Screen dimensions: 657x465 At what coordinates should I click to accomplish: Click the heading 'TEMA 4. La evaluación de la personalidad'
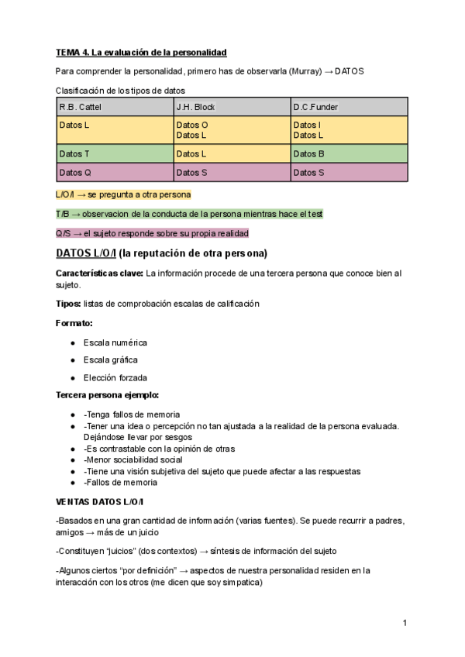click(x=141, y=53)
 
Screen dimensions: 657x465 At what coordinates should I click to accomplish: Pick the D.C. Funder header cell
click(x=315, y=107)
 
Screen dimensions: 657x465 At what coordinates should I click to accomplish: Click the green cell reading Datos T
click(x=74, y=154)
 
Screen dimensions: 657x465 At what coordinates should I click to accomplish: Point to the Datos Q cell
click(x=75, y=173)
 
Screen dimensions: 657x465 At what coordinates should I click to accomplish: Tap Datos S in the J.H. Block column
click(x=192, y=173)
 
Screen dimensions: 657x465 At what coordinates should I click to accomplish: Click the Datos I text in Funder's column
click(x=307, y=125)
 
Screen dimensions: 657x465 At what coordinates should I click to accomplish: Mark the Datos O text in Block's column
click(x=192, y=125)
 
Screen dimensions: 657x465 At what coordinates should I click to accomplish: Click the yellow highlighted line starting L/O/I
click(x=123, y=194)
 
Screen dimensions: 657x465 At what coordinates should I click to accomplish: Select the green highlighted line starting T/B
click(x=189, y=214)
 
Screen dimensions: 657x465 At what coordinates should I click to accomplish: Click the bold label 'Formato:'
click(x=74, y=322)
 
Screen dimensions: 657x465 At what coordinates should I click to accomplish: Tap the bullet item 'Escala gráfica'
click(x=110, y=360)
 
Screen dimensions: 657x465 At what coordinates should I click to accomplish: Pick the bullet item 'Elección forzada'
click(x=115, y=378)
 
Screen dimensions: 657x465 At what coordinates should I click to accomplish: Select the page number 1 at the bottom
click(x=405, y=623)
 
